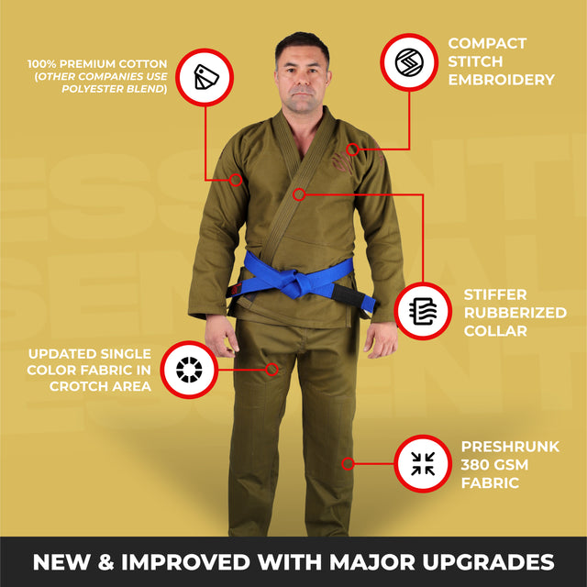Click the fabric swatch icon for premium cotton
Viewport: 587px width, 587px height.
pyautogui.click(x=205, y=77)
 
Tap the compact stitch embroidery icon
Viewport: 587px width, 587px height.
pyautogui.click(x=409, y=61)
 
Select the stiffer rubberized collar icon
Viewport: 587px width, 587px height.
pyautogui.click(x=423, y=312)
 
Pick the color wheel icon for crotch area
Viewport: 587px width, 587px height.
pyautogui.click(x=189, y=370)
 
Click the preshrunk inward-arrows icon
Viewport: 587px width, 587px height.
pyautogui.click(x=423, y=463)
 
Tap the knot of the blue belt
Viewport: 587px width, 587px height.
pyautogui.click(x=295, y=283)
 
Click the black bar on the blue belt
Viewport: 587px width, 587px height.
pyautogui.click(x=349, y=294)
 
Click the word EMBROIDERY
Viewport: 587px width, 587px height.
pyautogui.click(x=502, y=80)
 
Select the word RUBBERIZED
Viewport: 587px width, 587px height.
pyautogui.click(x=515, y=313)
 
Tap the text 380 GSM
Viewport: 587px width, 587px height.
pyautogui.click(x=494, y=465)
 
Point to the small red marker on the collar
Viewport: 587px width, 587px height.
pyautogui.click(x=299, y=194)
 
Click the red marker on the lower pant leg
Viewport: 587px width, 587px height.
pyautogui.click(x=348, y=464)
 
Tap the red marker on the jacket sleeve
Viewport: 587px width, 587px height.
pyautogui.click(x=236, y=180)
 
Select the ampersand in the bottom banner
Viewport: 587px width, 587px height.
pyautogui.click(x=105, y=562)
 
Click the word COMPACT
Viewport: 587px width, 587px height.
pyautogui.click(x=487, y=43)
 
